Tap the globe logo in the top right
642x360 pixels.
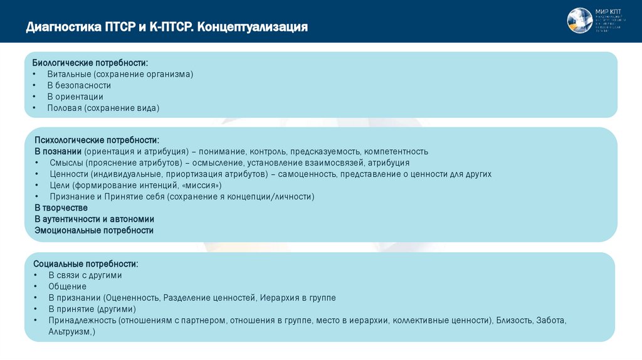pyautogui.click(x=579, y=21)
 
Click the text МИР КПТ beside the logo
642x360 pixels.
pyautogui.click(x=606, y=11)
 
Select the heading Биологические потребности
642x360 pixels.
pyautogui.click(x=91, y=63)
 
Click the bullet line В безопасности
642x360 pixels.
pyautogui.click(x=79, y=85)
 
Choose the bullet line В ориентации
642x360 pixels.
pyautogui.click(x=75, y=97)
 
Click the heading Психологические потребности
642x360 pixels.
pyautogui.click(x=97, y=140)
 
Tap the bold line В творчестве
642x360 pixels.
pyautogui.click(x=61, y=208)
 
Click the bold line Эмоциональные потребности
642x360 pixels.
pyautogui.click(x=94, y=230)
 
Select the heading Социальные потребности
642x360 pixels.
pyautogui.click(x=86, y=264)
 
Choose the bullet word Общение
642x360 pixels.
pyautogui.click(x=67, y=286)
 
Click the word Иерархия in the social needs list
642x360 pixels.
pyautogui.click(x=280, y=297)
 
